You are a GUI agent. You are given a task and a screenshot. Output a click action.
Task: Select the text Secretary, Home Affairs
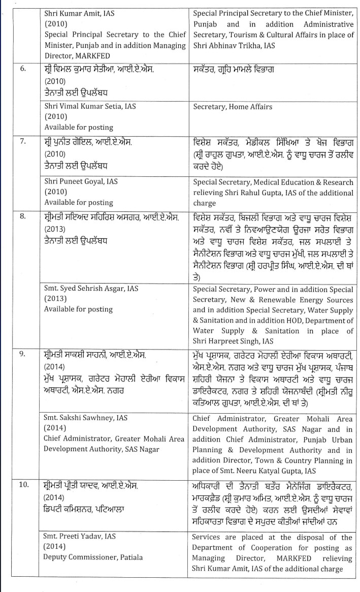tap(232, 107)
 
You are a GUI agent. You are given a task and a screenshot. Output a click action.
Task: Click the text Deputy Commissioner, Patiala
tap(93, 557)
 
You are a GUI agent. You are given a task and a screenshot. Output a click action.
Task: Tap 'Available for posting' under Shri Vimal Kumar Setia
tap(78, 128)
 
